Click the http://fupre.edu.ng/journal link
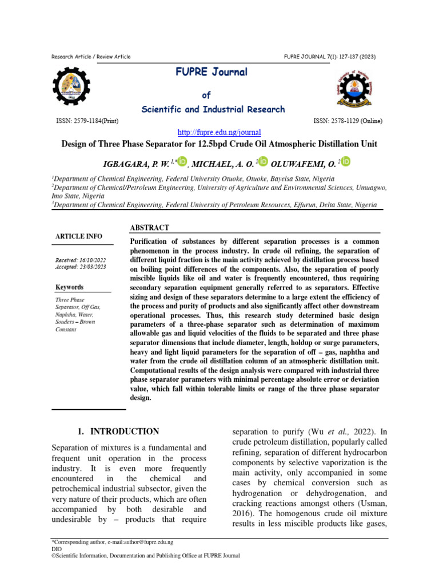(x=219, y=132)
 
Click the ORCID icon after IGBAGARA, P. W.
(x=182, y=163)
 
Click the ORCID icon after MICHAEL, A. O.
(x=263, y=163)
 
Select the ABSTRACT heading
(x=150, y=228)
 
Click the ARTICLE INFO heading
(x=79, y=236)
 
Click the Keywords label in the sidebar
(x=69, y=287)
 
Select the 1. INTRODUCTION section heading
(x=118, y=431)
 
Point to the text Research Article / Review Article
(x=91, y=57)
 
